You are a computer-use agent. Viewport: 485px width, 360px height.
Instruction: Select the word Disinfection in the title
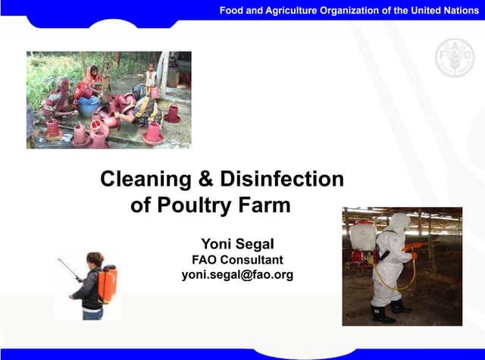point(281,180)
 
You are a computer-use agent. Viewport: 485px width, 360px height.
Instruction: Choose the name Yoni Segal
point(236,243)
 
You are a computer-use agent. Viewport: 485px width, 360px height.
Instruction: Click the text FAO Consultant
point(236,259)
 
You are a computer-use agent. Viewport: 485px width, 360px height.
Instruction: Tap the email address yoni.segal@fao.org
point(236,274)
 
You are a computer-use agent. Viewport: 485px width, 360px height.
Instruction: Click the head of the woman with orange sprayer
point(95,259)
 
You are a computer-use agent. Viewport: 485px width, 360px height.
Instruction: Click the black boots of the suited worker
point(388,312)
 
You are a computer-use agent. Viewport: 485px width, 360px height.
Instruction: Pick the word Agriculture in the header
point(290,10)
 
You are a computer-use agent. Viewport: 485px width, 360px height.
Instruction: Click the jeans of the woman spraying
point(92,311)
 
